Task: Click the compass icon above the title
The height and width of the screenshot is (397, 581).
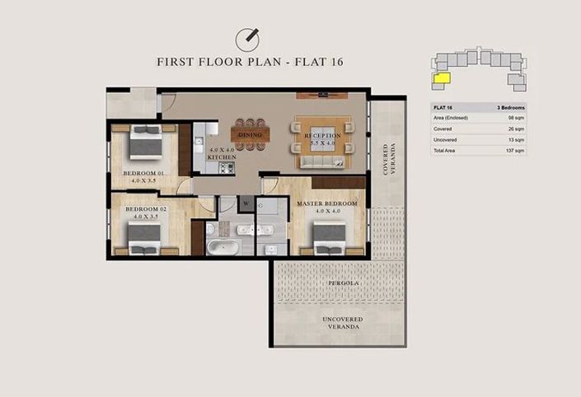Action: (x=248, y=39)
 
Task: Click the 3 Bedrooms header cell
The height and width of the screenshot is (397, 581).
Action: (x=509, y=107)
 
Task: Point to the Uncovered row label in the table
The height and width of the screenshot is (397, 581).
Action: (x=446, y=140)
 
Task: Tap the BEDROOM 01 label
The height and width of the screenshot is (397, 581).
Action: (x=145, y=173)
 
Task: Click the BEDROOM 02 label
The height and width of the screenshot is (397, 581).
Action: (x=146, y=209)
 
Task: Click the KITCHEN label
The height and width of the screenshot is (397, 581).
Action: (x=222, y=156)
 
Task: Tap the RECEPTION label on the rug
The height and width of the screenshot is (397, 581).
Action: (x=317, y=135)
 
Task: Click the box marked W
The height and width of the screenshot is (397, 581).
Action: (x=246, y=203)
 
